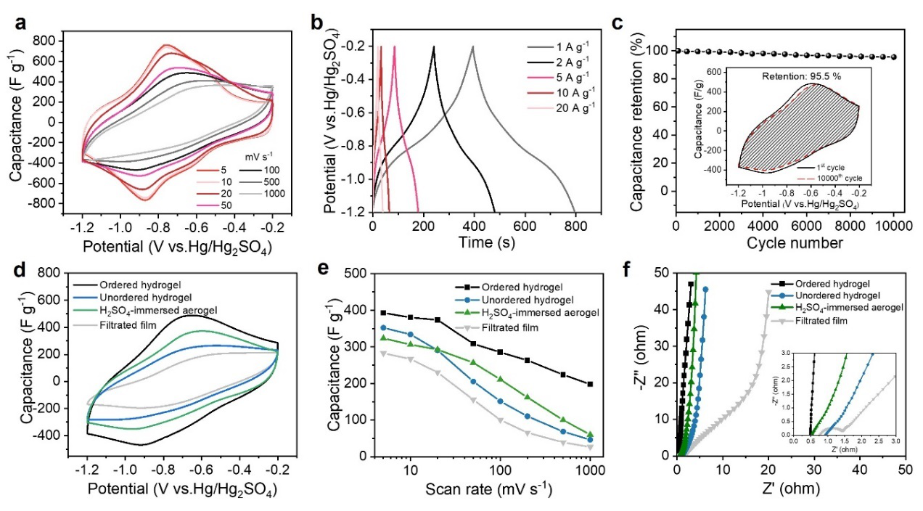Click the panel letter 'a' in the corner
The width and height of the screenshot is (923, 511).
click(x=21, y=23)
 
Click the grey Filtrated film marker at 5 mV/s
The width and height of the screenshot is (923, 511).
click(x=384, y=353)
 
